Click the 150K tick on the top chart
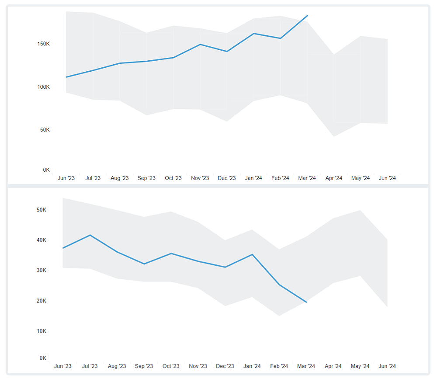[43, 44]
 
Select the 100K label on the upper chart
[43, 87]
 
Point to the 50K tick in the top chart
[44, 130]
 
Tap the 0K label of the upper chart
[46, 170]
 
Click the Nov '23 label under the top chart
[200, 178]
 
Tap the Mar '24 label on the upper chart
[307, 178]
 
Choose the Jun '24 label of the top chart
[387, 178]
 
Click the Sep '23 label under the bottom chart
[144, 366]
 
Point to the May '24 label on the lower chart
[360, 366]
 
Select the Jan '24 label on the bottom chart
[252, 366]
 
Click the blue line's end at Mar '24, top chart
[308, 16]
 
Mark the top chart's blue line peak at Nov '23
[200, 44]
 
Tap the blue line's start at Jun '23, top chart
[66, 77]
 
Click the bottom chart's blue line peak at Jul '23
[90, 235]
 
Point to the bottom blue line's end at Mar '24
[306, 302]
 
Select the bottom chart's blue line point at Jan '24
[252, 254]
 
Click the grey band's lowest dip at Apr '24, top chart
[334, 136]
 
